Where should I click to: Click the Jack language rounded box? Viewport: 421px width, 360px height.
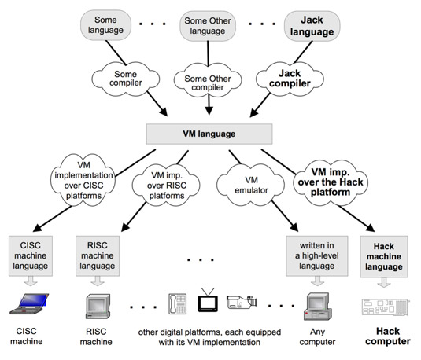[312, 26]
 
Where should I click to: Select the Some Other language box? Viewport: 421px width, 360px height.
[208, 26]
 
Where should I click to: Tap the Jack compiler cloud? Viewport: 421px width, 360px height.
[290, 79]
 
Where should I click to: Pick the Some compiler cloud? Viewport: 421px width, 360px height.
[126, 79]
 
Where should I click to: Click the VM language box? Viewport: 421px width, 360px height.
[209, 134]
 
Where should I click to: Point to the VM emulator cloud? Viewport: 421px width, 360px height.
[250, 185]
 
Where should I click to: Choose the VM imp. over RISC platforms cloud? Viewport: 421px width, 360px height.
[167, 185]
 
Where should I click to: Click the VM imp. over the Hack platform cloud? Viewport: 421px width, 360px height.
[331, 182]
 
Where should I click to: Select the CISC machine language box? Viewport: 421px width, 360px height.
[31, 256]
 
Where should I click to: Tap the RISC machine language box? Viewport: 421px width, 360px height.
[98, 256]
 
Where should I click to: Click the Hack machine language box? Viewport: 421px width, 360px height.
[384, 257]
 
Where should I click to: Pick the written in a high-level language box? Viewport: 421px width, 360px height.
[317, 256]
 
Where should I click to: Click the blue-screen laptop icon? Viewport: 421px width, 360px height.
[30, 303]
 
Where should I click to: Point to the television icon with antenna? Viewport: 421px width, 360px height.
[208, 300]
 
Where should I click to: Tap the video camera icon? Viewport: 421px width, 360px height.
[242, 302]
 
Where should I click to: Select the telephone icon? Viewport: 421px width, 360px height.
[178, 303]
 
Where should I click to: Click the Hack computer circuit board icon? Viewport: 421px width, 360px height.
[386, 307]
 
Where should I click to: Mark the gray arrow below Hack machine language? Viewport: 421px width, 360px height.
[384, 282]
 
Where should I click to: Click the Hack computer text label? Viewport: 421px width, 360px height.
[388, 336]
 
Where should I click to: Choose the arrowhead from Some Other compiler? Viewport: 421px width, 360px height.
[209, 111]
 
